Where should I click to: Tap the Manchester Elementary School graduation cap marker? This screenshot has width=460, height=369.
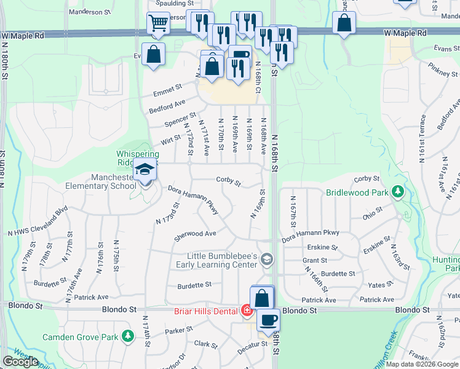pos(145,170)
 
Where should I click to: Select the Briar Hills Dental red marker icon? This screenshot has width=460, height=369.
pos(247,311)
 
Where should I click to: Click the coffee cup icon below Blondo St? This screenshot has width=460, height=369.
pos(268,320)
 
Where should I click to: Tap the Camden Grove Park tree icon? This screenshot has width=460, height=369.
pos(127,336)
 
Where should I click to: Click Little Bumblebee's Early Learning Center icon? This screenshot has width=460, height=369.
pos(266,258)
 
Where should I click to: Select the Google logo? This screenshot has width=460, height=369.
pos(20,362)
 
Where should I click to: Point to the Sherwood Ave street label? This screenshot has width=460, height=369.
pos(195,234)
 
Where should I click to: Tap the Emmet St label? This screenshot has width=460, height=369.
pos(168,91)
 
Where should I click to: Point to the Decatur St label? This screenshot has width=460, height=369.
pos(255,344)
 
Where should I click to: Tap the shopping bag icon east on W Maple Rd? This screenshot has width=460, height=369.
pos(344,23)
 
